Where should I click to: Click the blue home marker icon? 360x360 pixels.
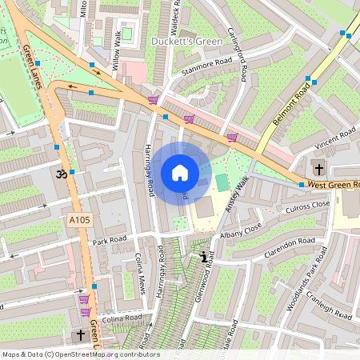click(x=180, y=173)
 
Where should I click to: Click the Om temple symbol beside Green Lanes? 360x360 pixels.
click(x=58, y=173)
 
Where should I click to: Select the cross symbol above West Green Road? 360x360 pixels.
click(x=319, y=169)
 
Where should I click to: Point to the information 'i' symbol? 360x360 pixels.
click(x=203, y=258)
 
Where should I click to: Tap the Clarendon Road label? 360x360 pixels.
click(x=290, y=243)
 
